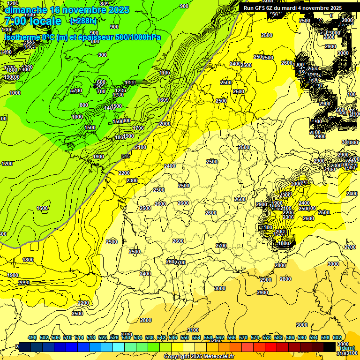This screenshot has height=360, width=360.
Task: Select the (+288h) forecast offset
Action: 84,21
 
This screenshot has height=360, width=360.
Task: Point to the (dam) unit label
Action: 347,348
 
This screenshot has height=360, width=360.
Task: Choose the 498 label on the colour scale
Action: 32,338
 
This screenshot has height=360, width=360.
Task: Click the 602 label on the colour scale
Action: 337,338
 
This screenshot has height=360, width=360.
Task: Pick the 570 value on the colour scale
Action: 243,338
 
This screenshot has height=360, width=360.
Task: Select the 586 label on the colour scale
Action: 290,338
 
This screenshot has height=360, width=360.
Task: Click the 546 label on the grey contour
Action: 125,156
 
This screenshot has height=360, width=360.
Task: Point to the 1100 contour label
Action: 165,73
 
